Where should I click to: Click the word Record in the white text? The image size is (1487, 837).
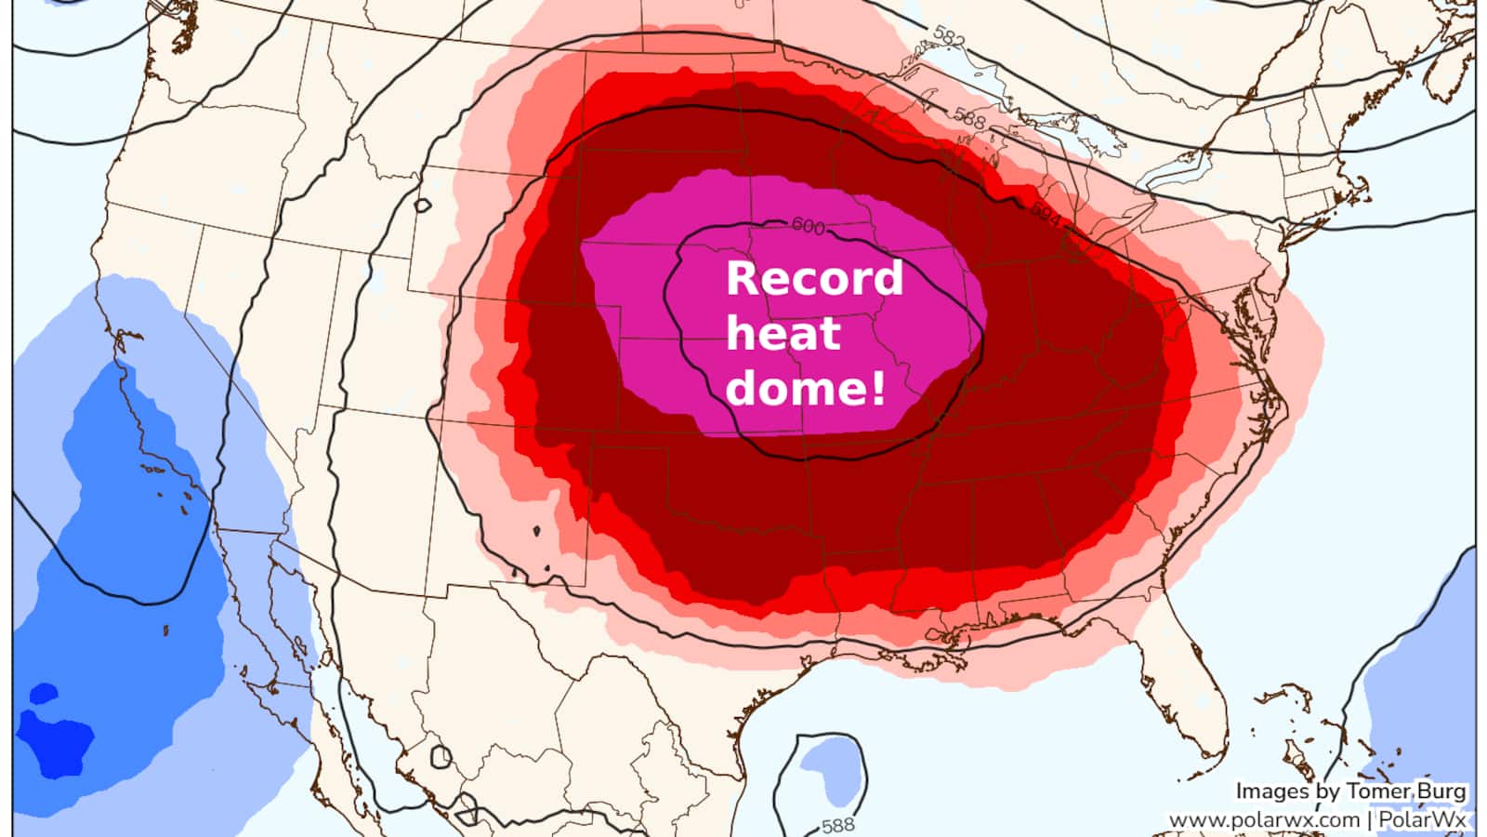coord(814,278)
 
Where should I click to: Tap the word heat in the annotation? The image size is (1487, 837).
coord(783,332)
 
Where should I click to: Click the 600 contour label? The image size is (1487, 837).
coord(808,226)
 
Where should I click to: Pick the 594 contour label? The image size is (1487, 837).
coord(1046,215)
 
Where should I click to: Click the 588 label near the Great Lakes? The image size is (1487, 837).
coord(968,118)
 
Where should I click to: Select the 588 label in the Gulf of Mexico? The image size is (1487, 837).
coord(838,825)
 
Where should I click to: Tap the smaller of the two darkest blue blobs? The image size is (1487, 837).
coord(43,694)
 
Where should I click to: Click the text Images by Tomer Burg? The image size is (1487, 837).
coord(1350,791)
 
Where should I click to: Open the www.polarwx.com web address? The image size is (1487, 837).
coord(1263,820)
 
